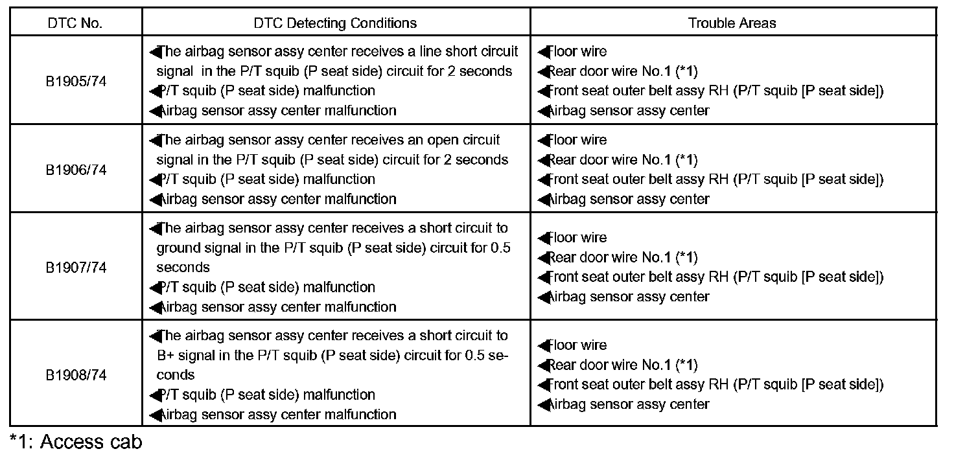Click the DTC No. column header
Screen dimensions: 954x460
tap(75, 23)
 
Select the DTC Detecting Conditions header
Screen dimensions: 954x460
tap(335, 23)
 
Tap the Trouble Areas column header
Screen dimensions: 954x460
tap(732, 23)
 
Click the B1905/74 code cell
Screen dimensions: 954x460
tap(75, 82)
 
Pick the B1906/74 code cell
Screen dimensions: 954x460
tap(75, 170)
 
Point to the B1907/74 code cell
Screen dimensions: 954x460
tap(75, 268)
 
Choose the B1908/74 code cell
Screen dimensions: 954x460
tap(75, 375)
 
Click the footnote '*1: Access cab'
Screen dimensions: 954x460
tap(76, 442)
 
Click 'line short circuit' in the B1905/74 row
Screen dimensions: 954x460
tap(460, 51)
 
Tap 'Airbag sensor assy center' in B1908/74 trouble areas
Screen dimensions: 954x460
tap(629, 404)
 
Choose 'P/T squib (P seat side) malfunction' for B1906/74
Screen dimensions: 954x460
tap(266, 179)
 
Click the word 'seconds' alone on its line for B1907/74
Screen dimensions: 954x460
tap(183, 268)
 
